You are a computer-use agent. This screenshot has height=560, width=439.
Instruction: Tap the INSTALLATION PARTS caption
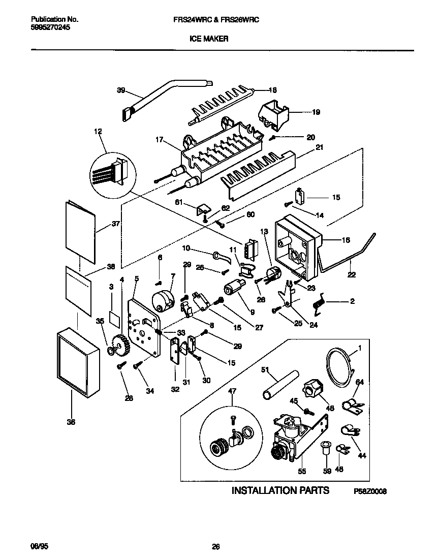[280, 490]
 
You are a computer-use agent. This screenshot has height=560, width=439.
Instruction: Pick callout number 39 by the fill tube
[121, 90]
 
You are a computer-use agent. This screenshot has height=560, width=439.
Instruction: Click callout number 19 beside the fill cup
[316, 112]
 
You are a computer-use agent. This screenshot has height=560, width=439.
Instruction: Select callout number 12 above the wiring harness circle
[98, 132]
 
